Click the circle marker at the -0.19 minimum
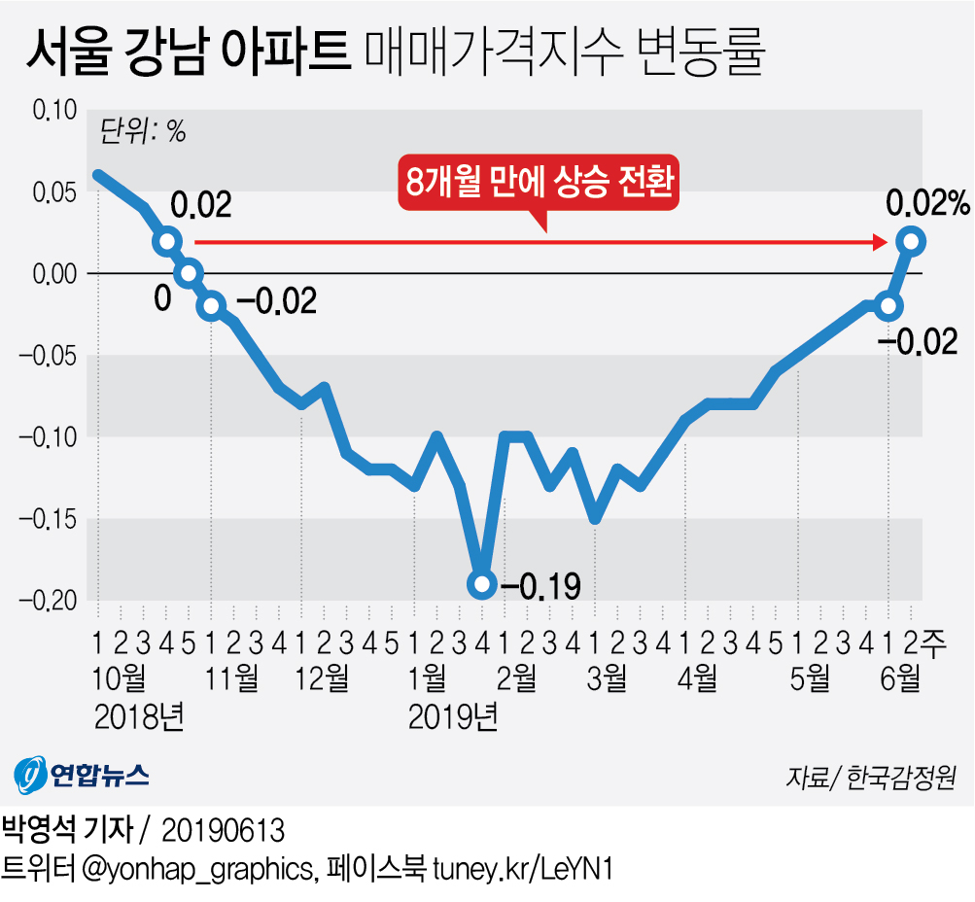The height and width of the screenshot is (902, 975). [x=481, y=583]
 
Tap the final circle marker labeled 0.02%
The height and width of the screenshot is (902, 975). [x=911, y=239]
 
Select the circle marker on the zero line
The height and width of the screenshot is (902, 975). [x=189, y=272]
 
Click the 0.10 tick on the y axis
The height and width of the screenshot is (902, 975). [x=54, y=110]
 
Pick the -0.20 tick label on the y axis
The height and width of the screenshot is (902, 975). [x=48, y=601]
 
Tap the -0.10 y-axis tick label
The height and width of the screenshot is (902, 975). [x=48, y=436]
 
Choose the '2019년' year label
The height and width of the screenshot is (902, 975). [x=453, y=717]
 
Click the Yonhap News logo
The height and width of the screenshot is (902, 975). [x=82, y=774]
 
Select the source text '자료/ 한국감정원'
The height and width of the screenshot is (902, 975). [x=871, y=778]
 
